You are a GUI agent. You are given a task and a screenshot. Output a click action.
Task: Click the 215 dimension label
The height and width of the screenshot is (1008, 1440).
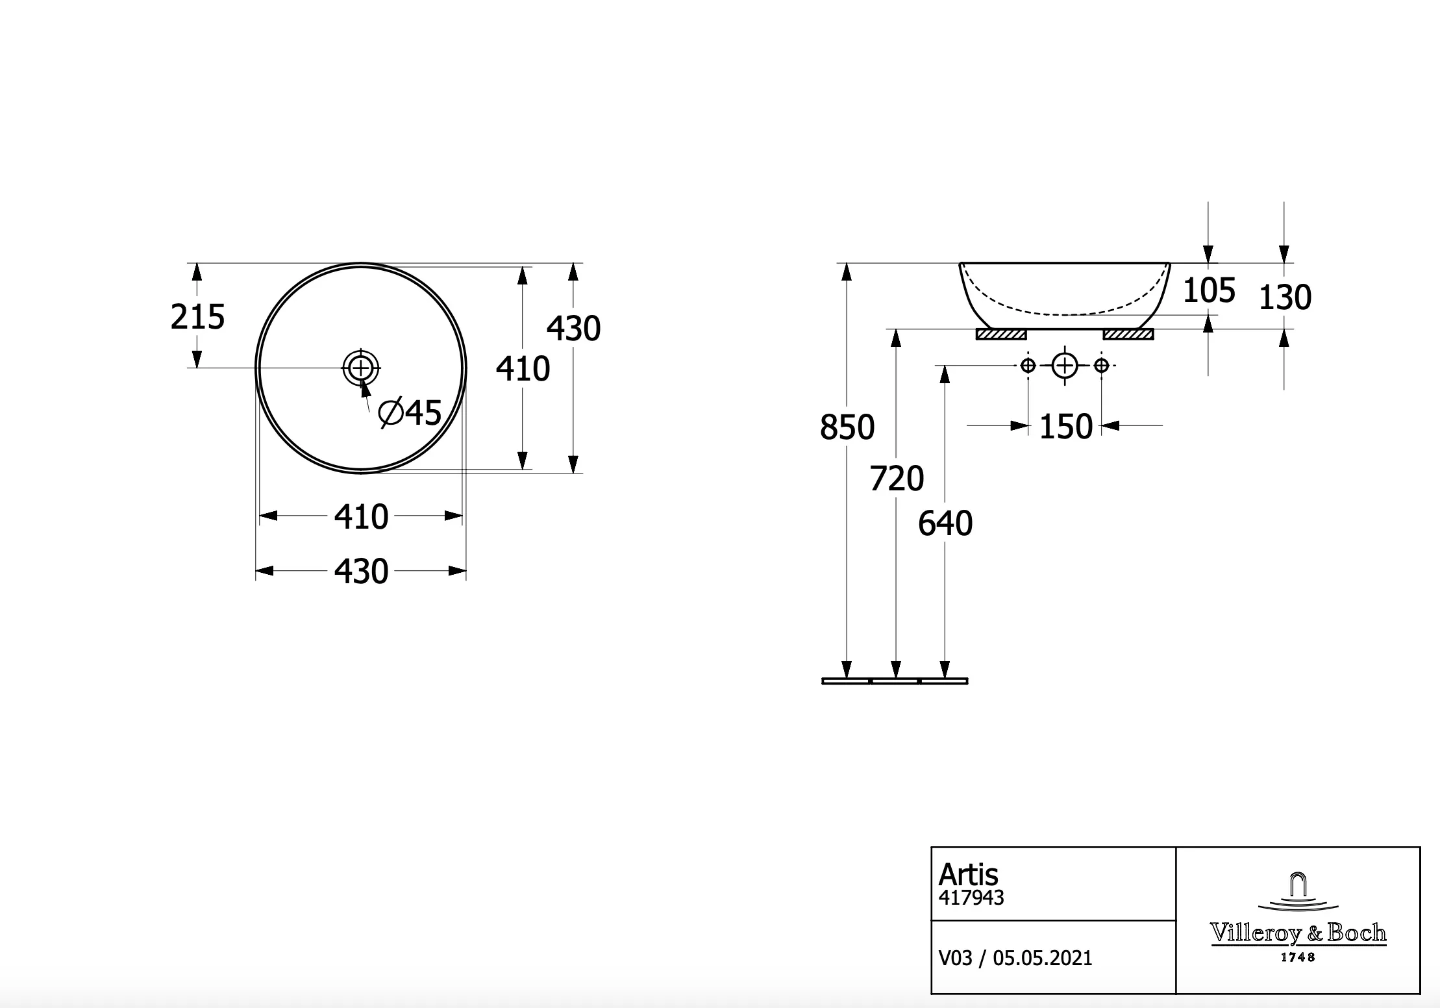coord(197,317)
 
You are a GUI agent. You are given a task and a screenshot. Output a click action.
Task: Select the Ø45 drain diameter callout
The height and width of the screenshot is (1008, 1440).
coord(410,412)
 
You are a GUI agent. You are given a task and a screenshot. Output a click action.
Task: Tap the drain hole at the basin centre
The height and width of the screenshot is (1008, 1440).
coord(361,368)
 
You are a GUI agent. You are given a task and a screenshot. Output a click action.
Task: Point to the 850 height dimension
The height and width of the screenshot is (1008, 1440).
coord(847,427)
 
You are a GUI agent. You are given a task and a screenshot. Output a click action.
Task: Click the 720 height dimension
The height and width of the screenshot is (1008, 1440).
coord(897,479)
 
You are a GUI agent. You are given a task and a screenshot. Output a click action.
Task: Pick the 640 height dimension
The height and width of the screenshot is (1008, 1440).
coord(945,523)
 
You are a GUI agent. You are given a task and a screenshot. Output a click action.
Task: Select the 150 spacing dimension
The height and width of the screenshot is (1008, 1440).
coord(1066,427)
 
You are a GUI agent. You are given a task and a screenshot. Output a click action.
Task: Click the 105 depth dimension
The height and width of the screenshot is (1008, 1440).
coord(1209,290)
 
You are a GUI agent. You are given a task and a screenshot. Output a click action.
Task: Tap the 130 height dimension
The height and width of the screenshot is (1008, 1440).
coord(1285,297)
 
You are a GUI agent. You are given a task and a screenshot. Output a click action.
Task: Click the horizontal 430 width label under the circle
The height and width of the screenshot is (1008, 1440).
coord(361,572)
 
